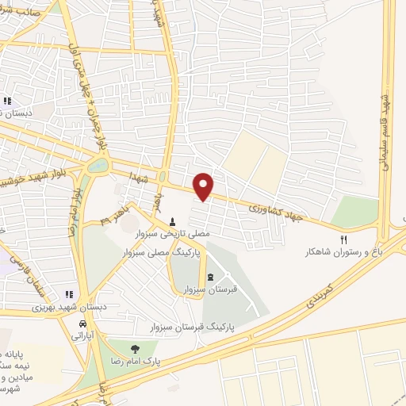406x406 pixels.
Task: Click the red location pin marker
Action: tap(205, 186)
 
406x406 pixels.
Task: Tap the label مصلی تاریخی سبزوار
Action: tap(163, 236)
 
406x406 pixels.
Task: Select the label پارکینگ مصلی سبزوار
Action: tap(162, 251)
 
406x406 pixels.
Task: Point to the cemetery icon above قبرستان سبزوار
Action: tap(210, 277)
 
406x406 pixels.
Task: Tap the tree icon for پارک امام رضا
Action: tap(135, 348)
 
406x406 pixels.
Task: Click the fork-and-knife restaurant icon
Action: tap(343, 238)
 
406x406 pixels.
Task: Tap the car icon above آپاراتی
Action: tap(83, 324)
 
